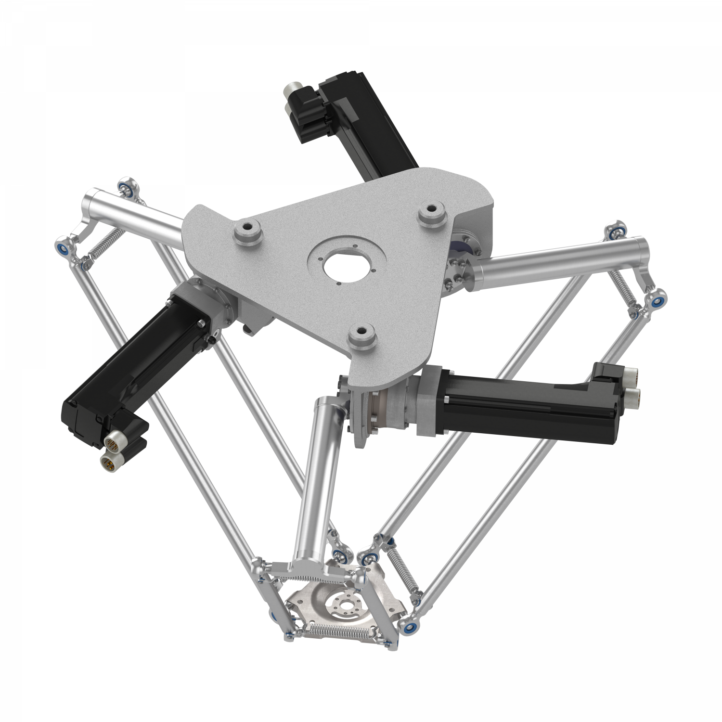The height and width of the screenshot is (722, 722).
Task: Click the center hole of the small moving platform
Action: point(344,605)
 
